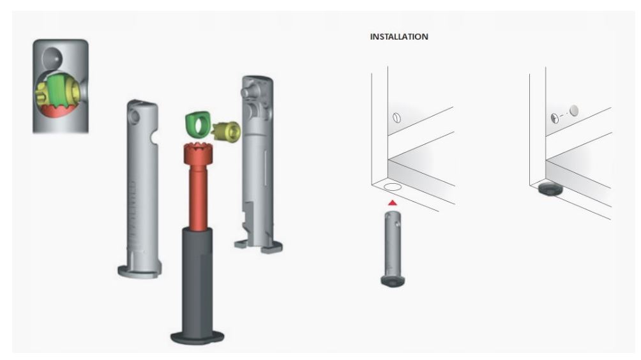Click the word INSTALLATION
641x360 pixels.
[399, 37]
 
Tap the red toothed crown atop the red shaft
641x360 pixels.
[198, 153]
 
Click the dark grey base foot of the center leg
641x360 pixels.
[197, 338]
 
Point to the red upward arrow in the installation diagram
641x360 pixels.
[393, 202]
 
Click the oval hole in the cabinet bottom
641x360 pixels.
[392, 187]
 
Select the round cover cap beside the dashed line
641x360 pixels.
[574, 110]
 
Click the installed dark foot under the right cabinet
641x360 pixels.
[550, 189]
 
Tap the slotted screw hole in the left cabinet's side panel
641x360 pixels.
[396, 117]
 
